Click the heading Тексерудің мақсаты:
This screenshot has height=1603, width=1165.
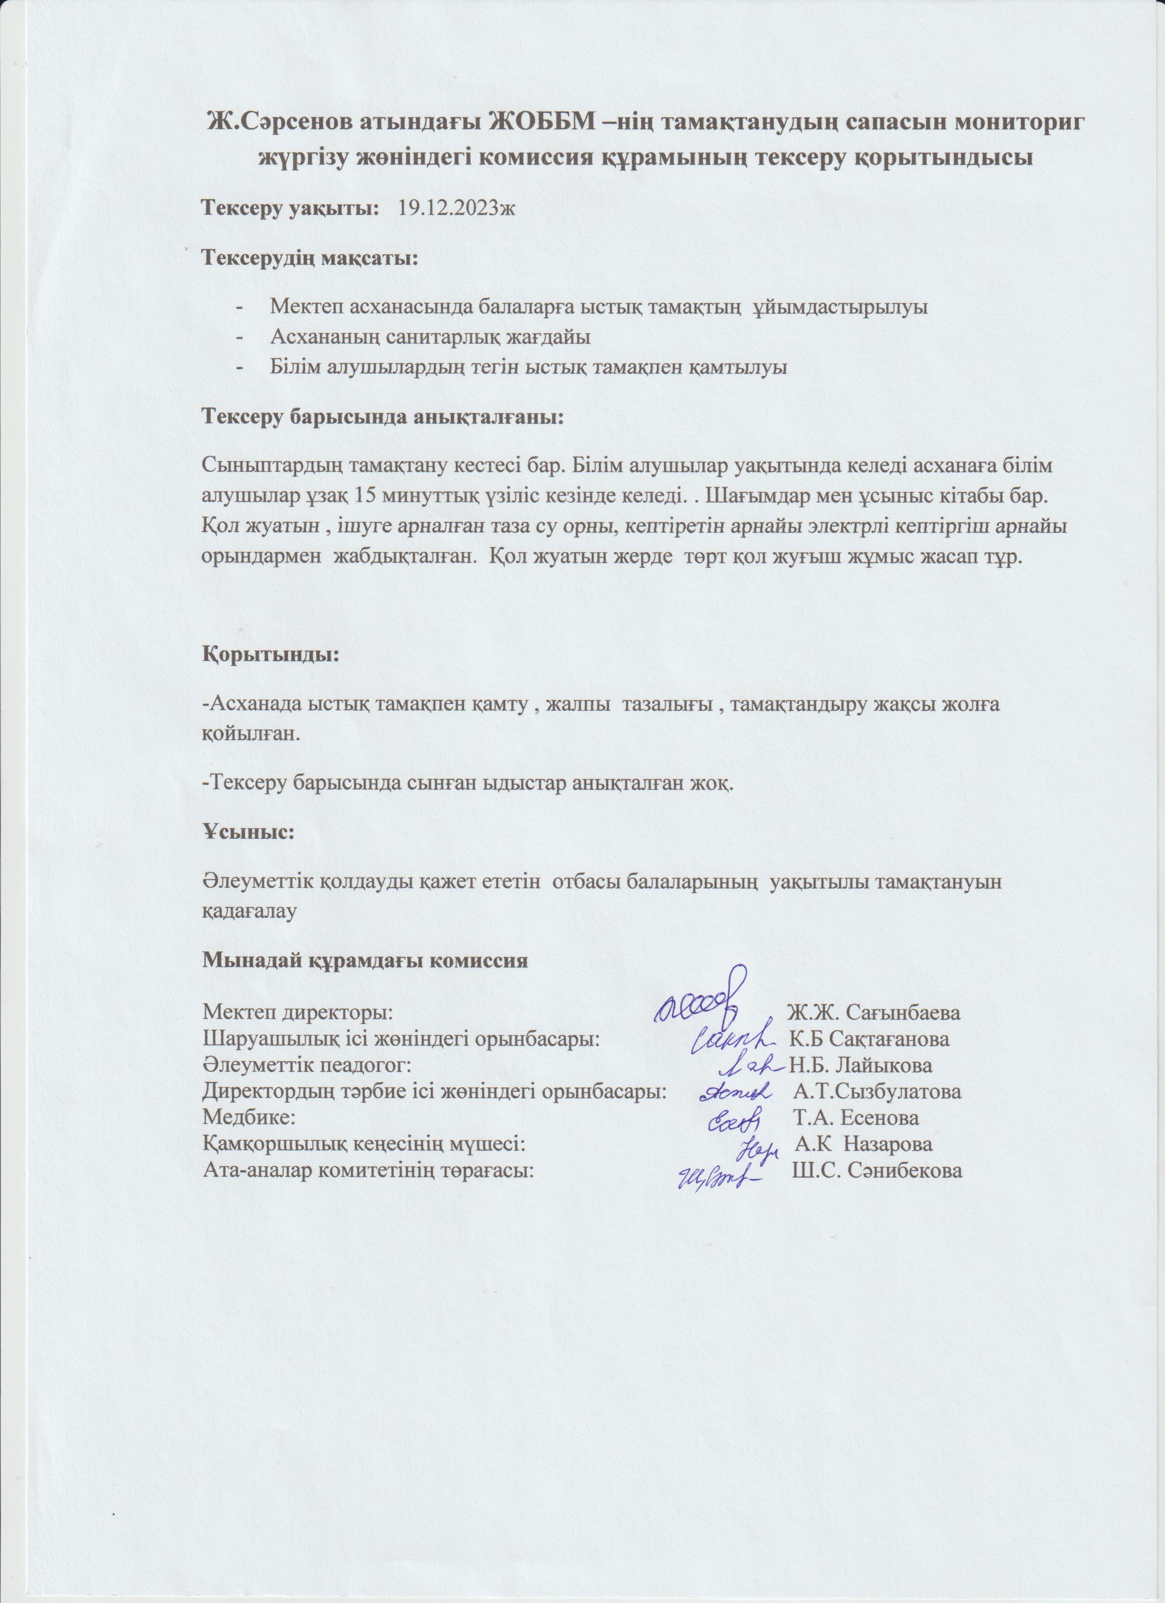pyautogui.click(x=310, y=258)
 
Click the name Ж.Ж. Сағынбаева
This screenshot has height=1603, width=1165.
pyautogui.click(x=874, y=1012)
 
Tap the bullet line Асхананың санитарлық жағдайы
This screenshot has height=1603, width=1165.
pyautogui.click(x=430, y=337)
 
